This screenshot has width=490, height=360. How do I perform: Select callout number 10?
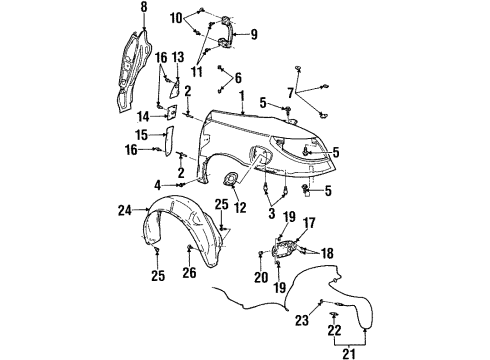[x=176, y=17]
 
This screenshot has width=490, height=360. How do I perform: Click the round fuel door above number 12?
[x=231, y=178]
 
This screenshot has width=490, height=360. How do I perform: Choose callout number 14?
[x=143, y=116]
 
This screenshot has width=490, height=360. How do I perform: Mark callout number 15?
[x=141, y=135]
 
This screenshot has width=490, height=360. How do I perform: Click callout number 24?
[x=125, y=210]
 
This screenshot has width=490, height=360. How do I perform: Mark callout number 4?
[x=158, y=184]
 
